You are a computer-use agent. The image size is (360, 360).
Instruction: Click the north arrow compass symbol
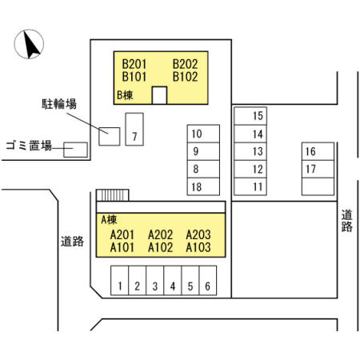click(29, 44)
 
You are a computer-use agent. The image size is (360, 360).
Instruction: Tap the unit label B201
click(134, 64)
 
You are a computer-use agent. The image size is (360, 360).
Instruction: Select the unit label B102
click(185, 77)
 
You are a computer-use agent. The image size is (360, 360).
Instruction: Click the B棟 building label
click(125, 95)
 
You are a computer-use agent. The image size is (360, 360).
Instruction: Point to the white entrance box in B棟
click(159, 95)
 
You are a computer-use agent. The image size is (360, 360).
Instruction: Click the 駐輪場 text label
click(59, 104)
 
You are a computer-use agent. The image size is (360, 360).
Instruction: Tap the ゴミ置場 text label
click(29, 146)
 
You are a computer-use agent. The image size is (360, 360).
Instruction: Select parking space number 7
click(134, 130)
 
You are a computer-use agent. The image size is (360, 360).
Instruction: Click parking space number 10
click(203, 134)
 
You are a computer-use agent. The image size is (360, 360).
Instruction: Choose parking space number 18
click(203, 186)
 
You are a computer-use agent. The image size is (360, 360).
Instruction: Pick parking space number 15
click(250, 116)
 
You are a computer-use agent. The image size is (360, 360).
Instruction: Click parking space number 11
click(250, 186)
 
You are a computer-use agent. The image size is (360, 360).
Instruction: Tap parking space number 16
click(318, 151)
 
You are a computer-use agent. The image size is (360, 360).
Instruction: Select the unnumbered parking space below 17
click(318, 186)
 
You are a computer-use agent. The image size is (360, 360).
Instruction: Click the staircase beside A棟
click(113, 195)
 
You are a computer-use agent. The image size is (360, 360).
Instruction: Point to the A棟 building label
click(109, 220)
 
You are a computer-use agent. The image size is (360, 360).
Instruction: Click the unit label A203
click(198, 235)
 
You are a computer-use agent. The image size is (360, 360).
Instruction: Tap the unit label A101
click(122, 247)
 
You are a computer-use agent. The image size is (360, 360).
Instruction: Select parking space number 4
click(173, 280)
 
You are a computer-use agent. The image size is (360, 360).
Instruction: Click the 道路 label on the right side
click(347, 221)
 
